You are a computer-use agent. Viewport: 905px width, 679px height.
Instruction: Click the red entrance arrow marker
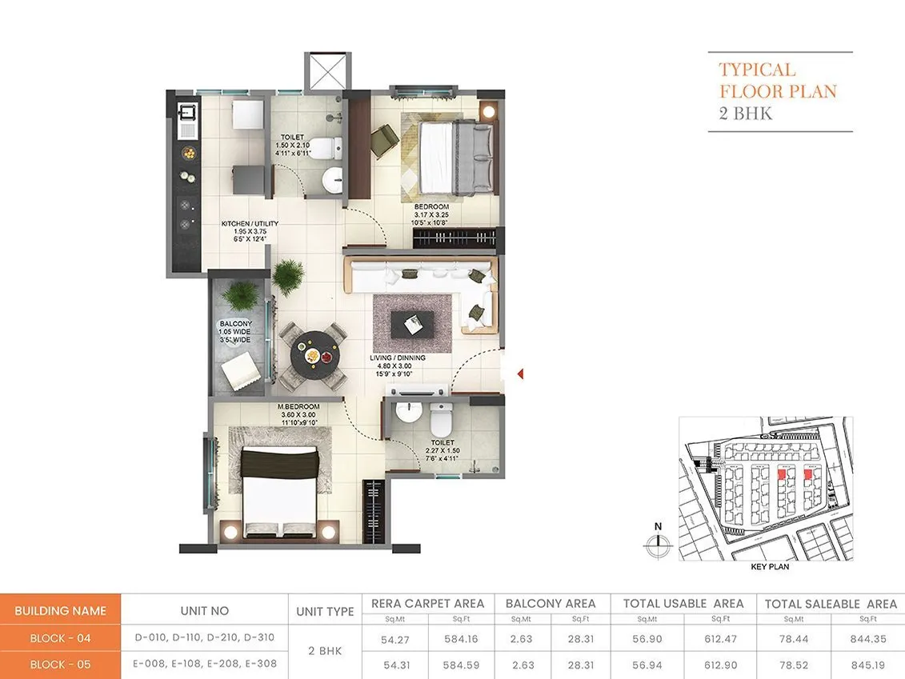[520, 373]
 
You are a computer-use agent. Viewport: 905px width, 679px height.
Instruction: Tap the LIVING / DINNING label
[398, 357]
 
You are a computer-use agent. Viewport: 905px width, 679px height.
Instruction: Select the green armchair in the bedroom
[385, 141]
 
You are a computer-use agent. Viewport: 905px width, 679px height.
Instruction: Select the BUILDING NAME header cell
[61, 610]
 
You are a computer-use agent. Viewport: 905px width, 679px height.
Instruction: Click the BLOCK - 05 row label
[61, 665]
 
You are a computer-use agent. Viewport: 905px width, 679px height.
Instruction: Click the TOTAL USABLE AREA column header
[683, 604]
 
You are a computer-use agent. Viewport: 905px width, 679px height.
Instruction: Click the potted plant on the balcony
[239, 297]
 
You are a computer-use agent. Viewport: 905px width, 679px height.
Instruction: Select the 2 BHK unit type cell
[325, 651]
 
